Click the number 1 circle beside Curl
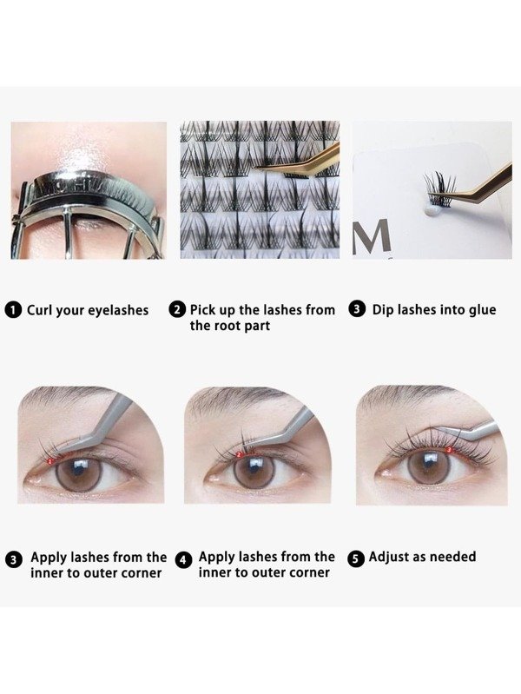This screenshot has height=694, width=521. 15,310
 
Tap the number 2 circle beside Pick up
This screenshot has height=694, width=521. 178,310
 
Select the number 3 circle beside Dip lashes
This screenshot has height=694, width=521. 357,310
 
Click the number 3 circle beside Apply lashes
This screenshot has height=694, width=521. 15,560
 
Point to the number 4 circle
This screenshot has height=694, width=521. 183,560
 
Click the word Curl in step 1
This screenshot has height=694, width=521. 41,310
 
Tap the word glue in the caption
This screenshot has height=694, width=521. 479,310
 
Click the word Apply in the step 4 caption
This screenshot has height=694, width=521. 218,557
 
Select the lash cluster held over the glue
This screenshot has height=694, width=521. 439,188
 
